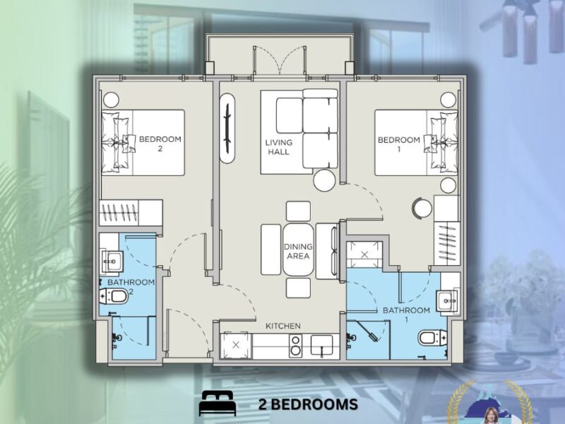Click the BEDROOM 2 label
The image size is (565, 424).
160,144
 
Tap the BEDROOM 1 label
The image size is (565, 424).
399,144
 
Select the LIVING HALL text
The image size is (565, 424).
278,147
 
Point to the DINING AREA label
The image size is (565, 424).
298,251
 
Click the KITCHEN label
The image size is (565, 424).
283,326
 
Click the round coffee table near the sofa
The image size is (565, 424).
324,181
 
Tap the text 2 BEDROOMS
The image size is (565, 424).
307,404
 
